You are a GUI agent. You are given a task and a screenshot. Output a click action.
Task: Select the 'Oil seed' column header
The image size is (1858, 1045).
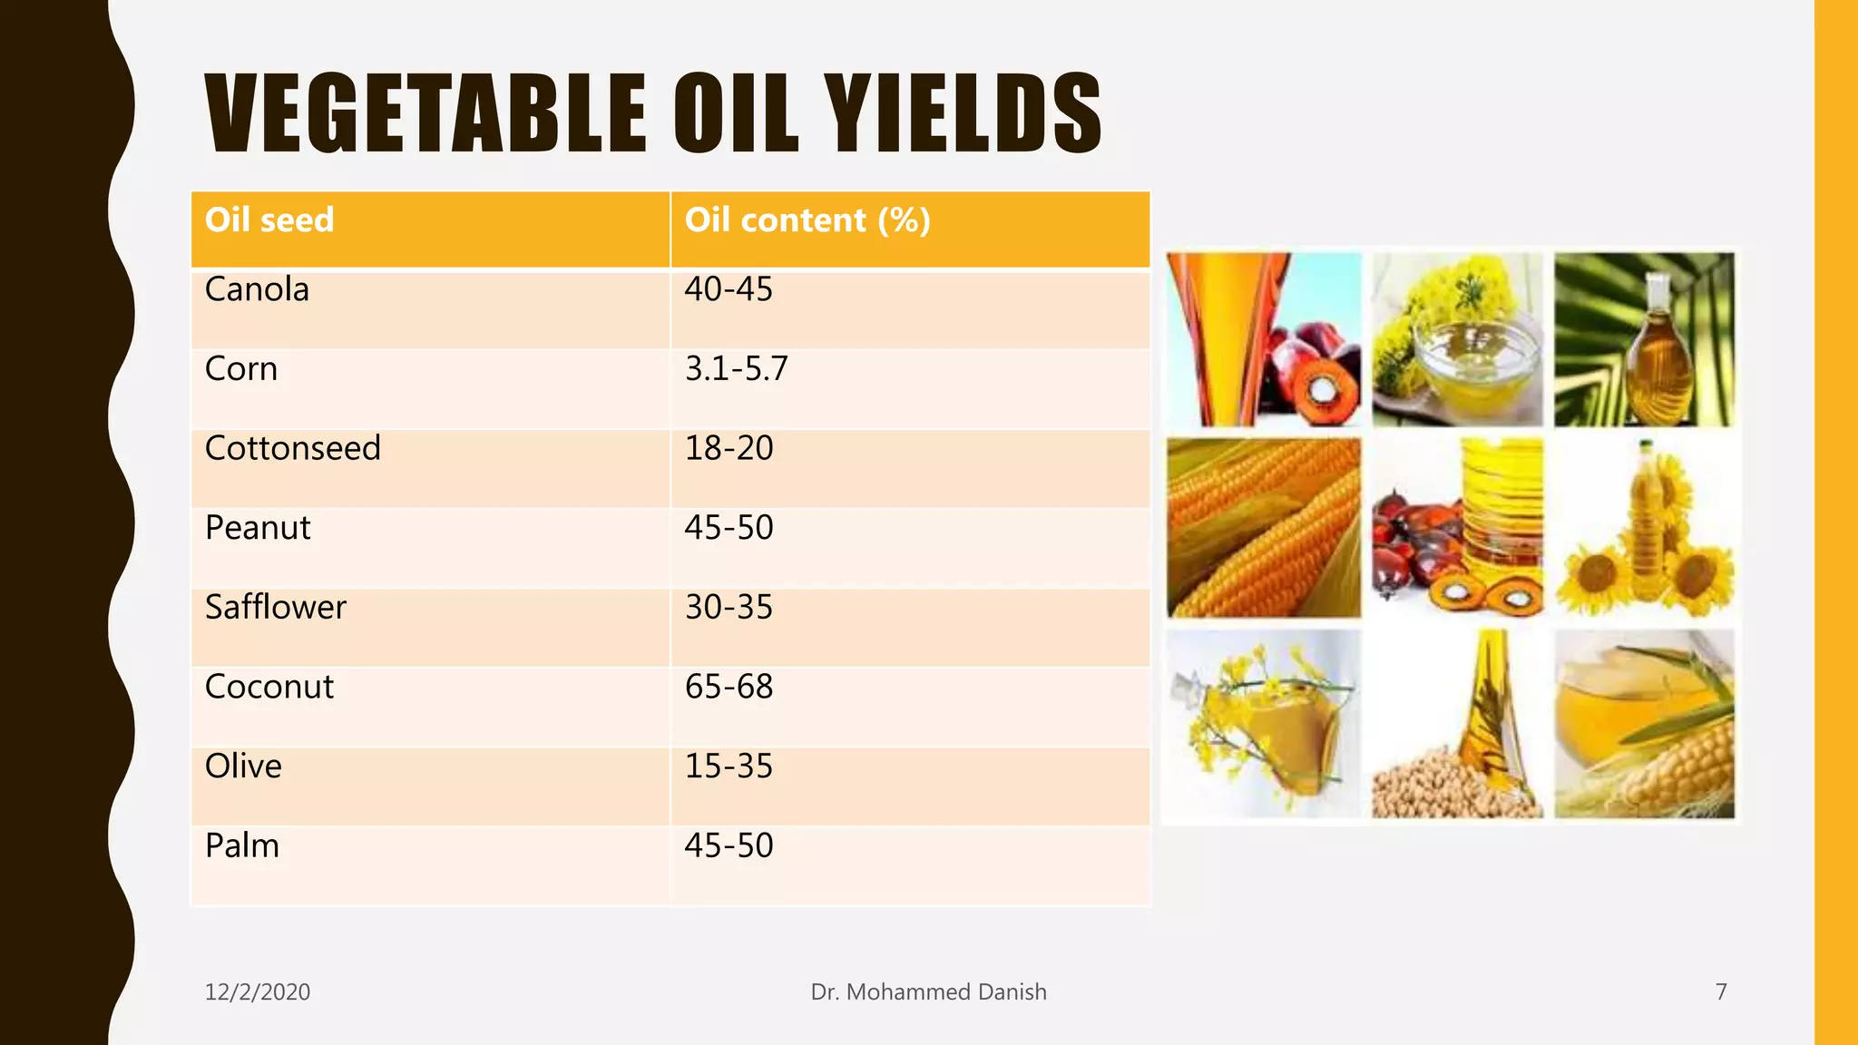(269, 220)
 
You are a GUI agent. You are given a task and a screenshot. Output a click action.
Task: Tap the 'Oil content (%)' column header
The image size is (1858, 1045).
(807, 220)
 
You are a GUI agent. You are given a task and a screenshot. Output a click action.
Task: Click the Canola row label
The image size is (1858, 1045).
(257, 289)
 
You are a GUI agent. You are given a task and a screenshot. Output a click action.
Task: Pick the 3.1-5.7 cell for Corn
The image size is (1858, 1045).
(736, 369)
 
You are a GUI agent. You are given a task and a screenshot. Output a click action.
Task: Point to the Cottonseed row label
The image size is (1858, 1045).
(292, 448)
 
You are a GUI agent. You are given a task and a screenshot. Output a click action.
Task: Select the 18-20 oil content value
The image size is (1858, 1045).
(729, 448)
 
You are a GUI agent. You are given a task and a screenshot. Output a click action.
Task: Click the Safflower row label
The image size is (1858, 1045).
(275, 607)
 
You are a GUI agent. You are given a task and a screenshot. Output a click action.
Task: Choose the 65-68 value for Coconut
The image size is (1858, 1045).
(729, 687)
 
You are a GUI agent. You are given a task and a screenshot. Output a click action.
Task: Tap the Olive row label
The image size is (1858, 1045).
(243, 767)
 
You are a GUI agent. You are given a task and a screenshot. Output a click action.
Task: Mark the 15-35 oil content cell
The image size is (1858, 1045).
(729, 767)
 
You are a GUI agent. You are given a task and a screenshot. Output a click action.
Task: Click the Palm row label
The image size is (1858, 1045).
(241, 845)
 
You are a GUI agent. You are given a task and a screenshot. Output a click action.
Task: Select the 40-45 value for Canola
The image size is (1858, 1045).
(729, 289)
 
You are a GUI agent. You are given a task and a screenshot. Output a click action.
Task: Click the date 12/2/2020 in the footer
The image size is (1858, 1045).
(257, 991)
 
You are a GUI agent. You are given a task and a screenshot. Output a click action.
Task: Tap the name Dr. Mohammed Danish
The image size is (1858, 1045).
(928, 991)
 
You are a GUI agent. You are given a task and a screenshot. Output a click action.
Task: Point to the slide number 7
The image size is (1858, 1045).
(1720, 991)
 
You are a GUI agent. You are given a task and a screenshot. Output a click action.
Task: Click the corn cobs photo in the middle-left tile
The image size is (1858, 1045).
(1263, 527)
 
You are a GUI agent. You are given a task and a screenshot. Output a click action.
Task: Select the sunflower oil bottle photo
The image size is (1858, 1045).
(1644, 527)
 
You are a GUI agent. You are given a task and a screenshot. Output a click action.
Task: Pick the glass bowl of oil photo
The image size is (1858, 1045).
(1457, 340)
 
